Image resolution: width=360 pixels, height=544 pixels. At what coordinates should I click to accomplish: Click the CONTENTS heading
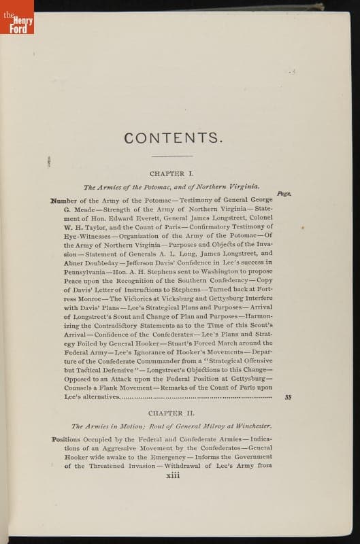(x=173, y=138)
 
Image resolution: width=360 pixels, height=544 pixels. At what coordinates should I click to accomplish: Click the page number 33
(x=288, y=396)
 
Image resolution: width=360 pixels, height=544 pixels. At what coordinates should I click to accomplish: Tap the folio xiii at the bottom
(x=173, y=475)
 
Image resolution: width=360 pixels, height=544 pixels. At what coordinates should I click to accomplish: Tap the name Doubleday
(x=96, y=262)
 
